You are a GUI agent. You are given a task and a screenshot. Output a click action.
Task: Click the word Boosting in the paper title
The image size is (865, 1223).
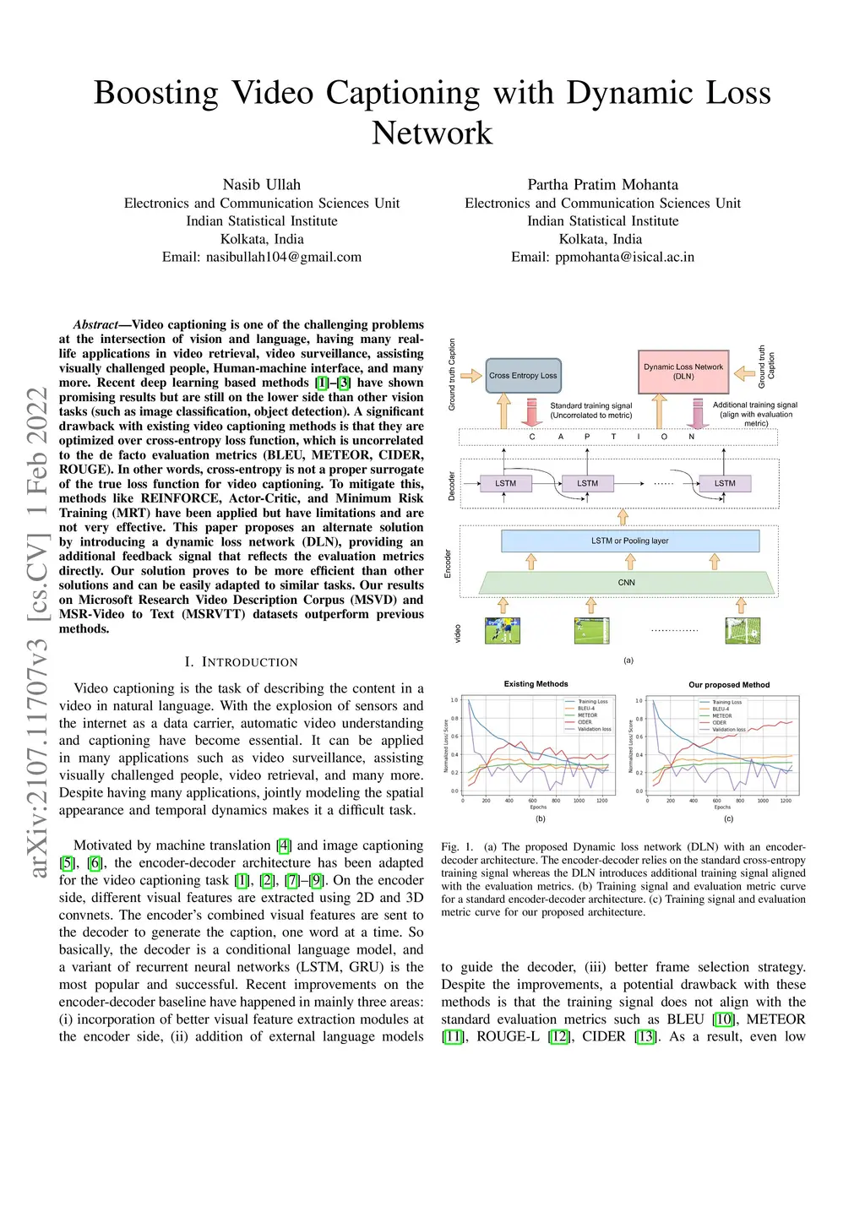[155, 93]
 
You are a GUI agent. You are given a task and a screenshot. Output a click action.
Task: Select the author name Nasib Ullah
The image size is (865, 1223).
[261, 184]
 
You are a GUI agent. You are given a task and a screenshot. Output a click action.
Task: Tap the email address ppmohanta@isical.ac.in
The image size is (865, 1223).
[624, 257]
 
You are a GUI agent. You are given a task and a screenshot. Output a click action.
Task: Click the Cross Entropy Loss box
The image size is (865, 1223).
[523, 376]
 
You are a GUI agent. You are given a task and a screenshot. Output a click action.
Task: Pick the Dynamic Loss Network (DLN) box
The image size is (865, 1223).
[683, 372]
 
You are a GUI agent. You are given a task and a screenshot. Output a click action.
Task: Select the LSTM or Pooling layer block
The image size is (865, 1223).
[629, 541]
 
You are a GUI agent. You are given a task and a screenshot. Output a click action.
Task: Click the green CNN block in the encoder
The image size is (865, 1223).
[626, 583]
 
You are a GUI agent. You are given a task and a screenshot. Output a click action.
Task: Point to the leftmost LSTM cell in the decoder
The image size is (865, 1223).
[505, 483]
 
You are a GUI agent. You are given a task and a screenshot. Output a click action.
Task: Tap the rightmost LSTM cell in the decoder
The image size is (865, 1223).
[725, 483]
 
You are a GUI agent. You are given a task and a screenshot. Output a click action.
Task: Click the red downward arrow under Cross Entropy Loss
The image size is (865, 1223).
[531, 411]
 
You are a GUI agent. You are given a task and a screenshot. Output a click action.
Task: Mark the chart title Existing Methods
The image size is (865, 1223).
[536, 684]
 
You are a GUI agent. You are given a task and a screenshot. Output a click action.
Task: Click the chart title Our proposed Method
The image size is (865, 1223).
[729, 685]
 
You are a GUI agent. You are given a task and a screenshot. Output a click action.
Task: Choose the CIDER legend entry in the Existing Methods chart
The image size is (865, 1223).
[585, 722]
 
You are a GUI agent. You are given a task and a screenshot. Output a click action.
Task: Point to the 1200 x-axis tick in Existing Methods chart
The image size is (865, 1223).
[601, 800]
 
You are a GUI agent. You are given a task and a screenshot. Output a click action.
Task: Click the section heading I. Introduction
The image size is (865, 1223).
[241, 662]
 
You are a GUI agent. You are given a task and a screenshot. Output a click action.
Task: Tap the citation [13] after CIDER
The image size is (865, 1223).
[646, 1036]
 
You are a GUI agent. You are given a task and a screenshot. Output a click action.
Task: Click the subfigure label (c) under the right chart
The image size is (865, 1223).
[728, 818]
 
